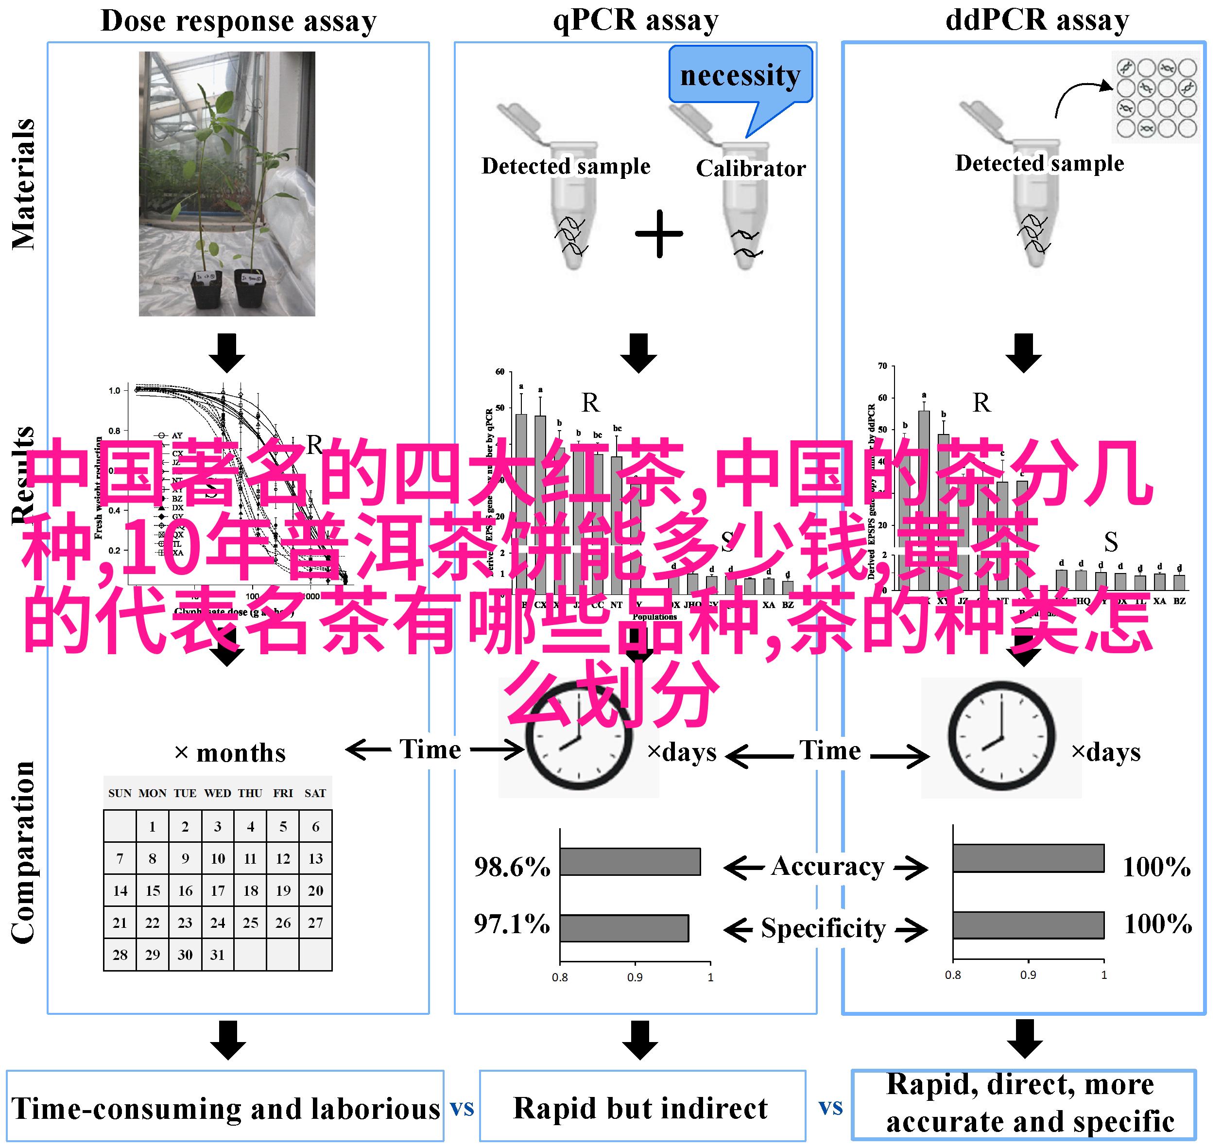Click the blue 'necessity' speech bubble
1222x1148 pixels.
(740, 75)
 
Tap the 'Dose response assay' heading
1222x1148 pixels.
(239, 21)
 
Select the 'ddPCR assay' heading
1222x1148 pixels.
(1037, 19)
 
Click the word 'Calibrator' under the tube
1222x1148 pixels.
(751, 169)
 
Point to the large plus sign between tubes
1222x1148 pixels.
(659, 234)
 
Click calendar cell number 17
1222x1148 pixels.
(218, 890)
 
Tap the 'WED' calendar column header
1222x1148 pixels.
(218, 793)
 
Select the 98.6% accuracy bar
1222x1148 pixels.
(629, 861)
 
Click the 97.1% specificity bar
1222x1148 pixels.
(624, 928)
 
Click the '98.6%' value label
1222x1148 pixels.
(512, 867)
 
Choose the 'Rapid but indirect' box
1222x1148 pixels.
(641, 1108)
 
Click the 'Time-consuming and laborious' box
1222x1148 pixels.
(225, 1109)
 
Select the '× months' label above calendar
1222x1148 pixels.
(230, 753)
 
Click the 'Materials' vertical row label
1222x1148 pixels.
(23, 185)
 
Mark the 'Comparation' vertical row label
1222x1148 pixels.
(23, 852)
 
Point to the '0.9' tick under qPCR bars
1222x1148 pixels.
(635, 977)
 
